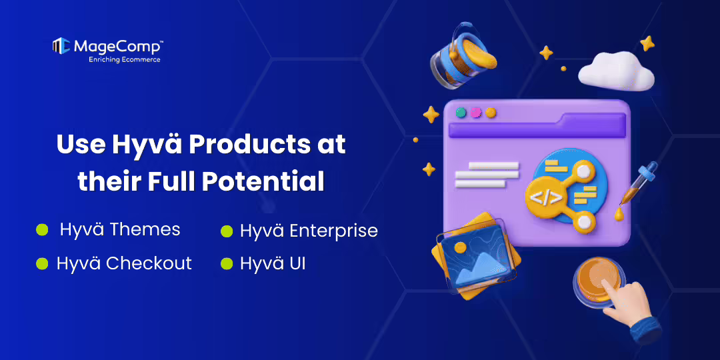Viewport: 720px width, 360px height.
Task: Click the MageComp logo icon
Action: coord(61,45)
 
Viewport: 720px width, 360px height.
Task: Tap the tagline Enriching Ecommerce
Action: coord(125,59)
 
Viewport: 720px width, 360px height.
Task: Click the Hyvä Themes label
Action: coord(120,230)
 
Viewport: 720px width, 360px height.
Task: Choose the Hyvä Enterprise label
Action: coord(309,231)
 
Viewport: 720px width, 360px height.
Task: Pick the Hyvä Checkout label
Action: coord(124,263)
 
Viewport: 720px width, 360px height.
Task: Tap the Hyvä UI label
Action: coord(273,263)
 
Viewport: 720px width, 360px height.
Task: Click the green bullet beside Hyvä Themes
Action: coord(42,230)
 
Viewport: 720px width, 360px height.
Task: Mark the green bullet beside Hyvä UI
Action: coord(227,263)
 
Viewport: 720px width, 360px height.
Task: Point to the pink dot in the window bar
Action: coord(475,113)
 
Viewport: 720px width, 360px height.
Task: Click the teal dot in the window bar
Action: coord(461,113)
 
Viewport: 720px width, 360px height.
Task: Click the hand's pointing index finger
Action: coord(611,288)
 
